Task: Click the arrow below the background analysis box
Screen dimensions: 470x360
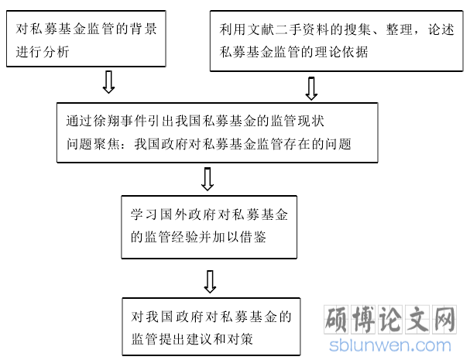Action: click(108, 82)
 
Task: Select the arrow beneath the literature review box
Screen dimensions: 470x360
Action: click(311, 89)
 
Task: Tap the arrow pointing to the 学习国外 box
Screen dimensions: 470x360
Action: click(208, 179)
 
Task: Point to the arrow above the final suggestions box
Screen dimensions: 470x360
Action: click(210, 282)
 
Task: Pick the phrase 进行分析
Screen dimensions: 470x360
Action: click(43, 52)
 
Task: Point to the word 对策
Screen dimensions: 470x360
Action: click(240, 339)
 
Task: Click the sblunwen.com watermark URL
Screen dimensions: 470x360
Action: click(390, 346)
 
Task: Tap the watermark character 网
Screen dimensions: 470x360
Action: click(444, 320)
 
